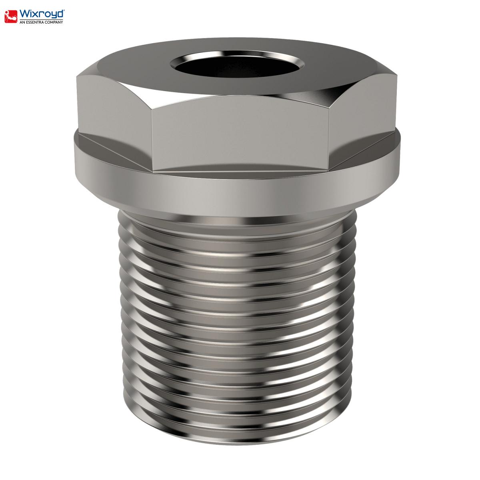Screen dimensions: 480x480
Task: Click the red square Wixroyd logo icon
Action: click(11, 16)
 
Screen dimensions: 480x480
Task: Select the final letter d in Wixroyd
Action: click(60, 14)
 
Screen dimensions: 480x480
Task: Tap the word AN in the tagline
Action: click(22, 22)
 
